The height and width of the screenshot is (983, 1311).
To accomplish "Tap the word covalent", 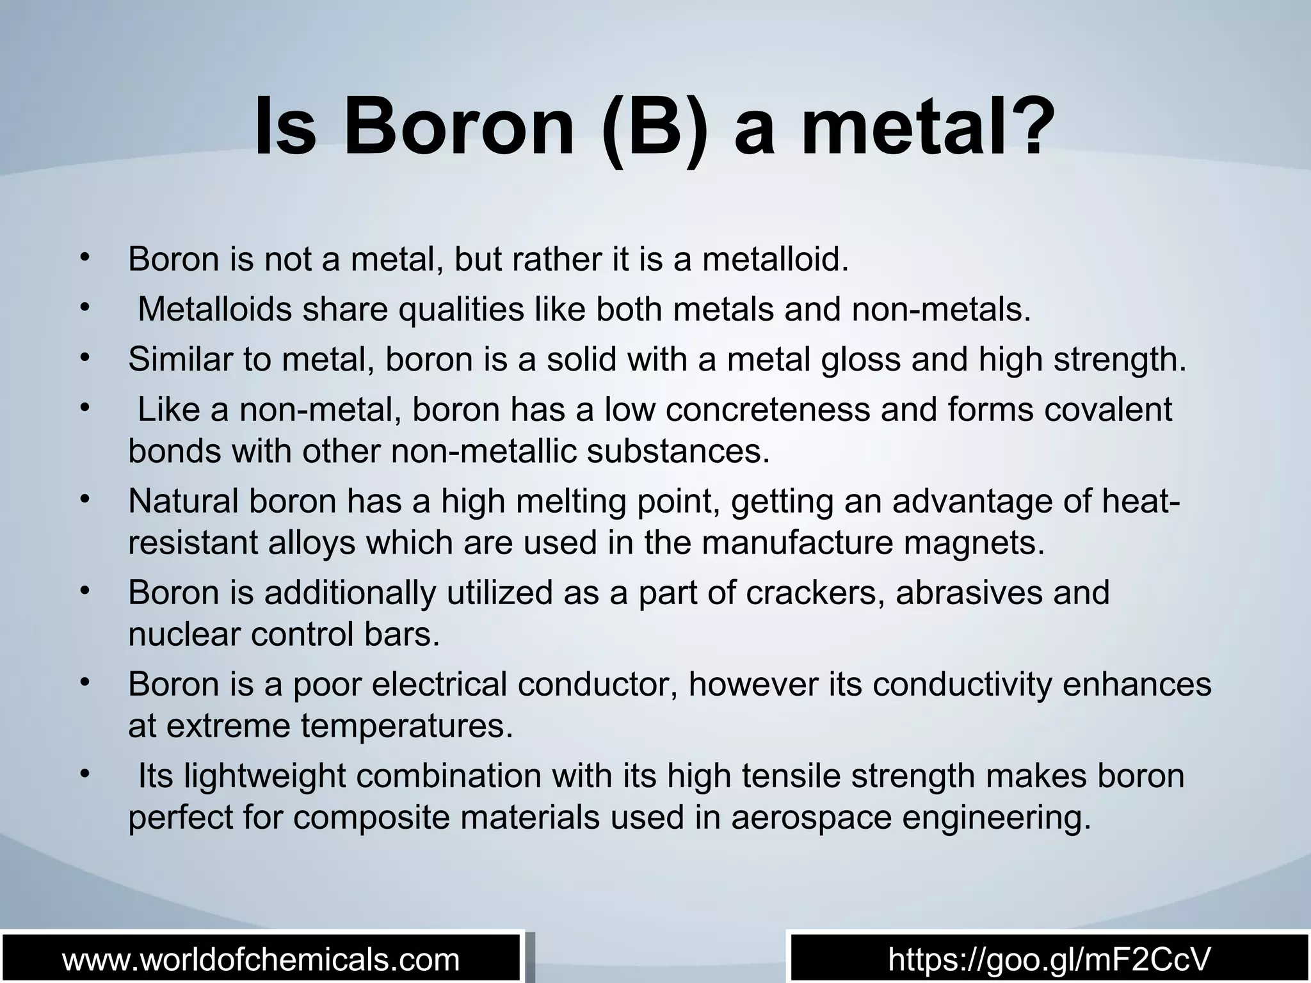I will [x=1108, y=410].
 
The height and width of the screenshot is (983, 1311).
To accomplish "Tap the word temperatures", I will [x=406, y=726].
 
